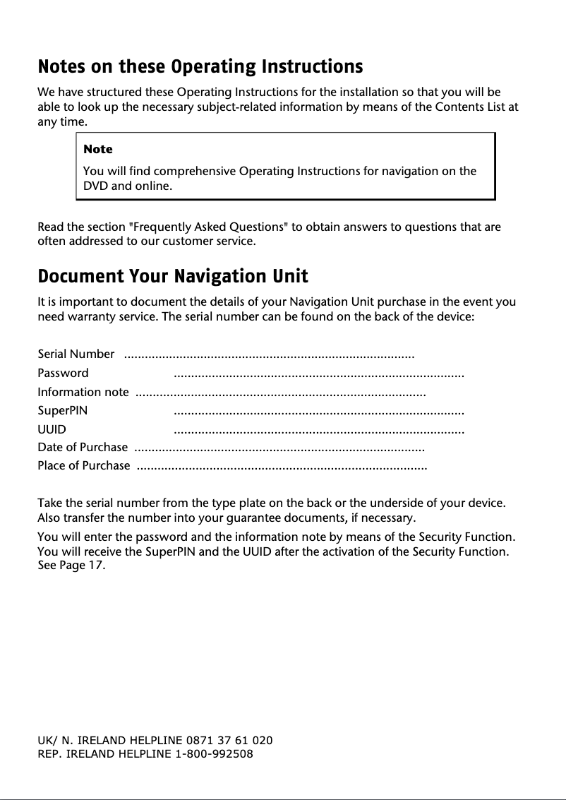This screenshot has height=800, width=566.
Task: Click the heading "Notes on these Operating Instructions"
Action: (200, 67)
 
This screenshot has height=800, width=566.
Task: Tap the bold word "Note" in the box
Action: (97, 149)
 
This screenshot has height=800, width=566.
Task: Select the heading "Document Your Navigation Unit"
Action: (173, 275)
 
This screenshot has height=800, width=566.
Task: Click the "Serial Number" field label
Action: (76, 354)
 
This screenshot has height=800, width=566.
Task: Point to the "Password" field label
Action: (63, 373)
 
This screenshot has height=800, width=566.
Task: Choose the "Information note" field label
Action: (83, 392)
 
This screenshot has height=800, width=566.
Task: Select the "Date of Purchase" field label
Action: (83, 447)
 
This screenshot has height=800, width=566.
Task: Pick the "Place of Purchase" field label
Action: (83, 465)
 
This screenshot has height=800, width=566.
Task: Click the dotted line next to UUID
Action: (319, 430)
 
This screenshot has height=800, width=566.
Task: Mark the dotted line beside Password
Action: (319, 374)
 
